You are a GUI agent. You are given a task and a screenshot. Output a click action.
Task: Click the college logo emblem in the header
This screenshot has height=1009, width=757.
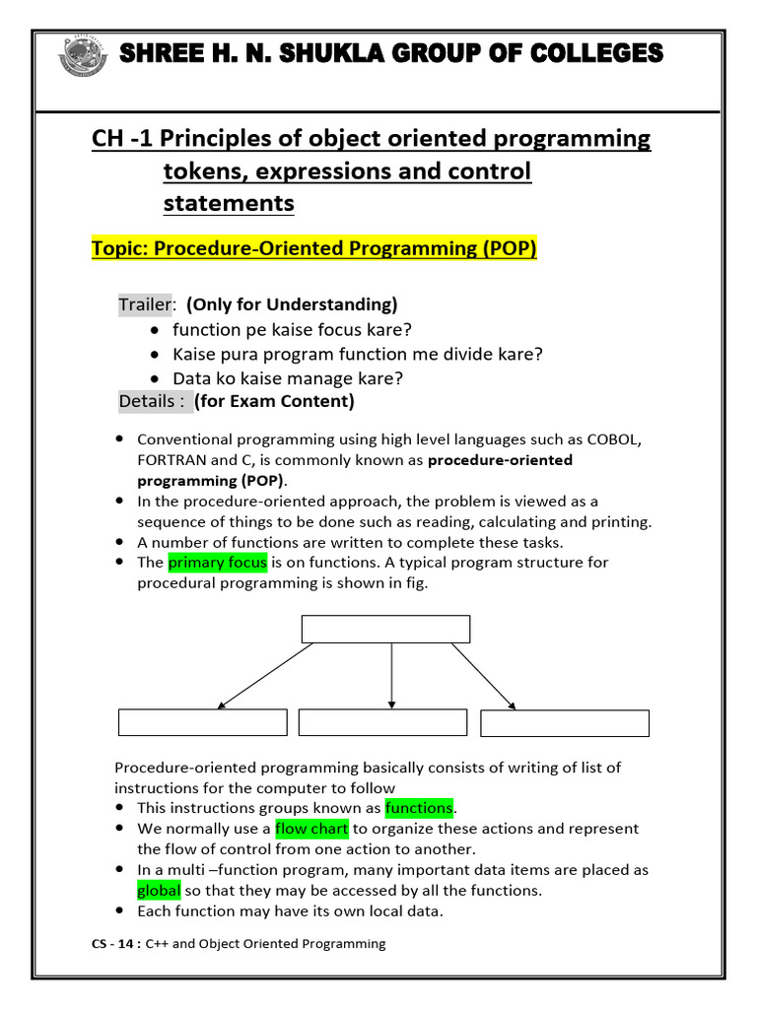(x=83, y=56)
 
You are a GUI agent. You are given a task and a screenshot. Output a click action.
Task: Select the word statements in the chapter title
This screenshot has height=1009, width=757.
(x=229, y=203)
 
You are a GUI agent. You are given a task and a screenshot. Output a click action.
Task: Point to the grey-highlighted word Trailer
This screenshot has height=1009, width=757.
(x=145, y=304)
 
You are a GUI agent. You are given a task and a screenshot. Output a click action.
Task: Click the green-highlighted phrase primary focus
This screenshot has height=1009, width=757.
(x=218, y=563)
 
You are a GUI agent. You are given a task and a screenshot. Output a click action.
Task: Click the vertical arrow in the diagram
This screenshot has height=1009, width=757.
(x=391, y=676)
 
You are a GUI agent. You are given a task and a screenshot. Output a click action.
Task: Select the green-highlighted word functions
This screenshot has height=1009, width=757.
(x=419, y=808)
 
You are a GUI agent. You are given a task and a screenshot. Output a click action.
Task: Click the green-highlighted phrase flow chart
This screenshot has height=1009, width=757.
(x=311, y=829)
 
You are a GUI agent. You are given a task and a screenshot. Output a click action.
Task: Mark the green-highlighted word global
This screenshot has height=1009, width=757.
(x=159, y=891)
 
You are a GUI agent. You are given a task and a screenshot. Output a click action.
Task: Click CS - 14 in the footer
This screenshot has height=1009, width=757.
(x=112, y=944)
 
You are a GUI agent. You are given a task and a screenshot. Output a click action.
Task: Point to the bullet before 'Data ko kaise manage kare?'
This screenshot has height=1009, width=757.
(x=155, y=378)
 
